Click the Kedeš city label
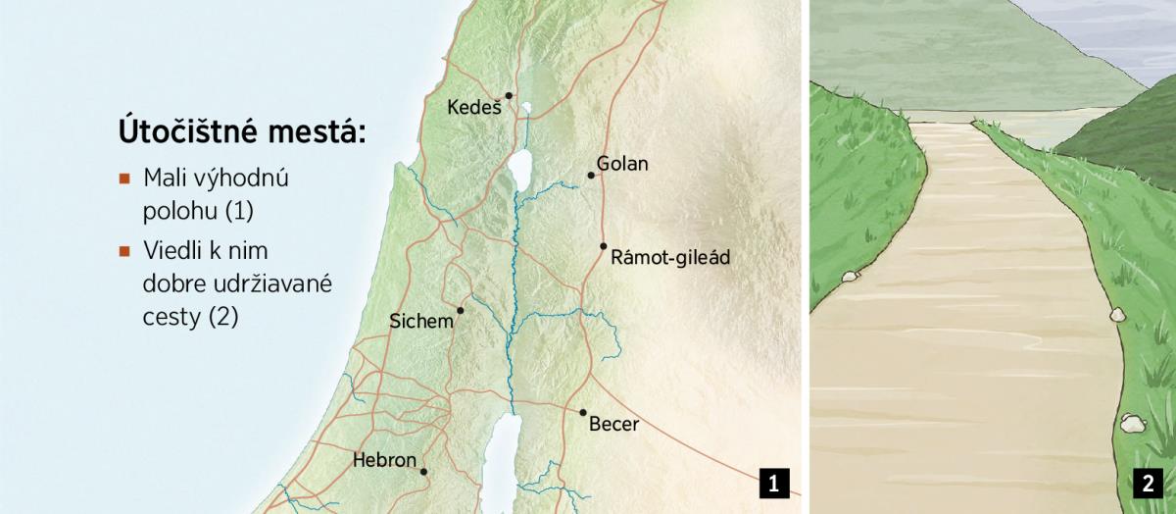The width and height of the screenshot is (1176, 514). tap(474, 107)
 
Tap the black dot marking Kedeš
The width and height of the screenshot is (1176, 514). tap(509, 95)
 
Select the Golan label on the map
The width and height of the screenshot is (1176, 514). tap(622, 164)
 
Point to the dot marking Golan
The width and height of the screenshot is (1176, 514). tap(591, 176)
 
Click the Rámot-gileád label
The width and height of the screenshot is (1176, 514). tap(670, 258)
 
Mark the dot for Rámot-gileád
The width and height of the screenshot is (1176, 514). tap(604, 246)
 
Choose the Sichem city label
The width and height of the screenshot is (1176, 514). tap(421, 321)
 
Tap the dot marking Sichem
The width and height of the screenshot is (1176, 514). tap(460, 310)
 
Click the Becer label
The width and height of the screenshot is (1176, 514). tap(613, 425)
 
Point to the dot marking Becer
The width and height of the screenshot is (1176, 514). tap(583, 413)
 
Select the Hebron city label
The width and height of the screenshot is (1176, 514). tap(384, 459)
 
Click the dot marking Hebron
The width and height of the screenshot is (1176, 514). tap(423, 472)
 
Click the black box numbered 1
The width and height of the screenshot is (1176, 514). tap(773, 483)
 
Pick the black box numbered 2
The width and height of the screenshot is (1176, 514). tap(1147, 483)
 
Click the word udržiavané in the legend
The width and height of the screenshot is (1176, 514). tap(265, 284)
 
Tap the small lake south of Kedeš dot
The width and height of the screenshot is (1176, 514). tap(526, 109)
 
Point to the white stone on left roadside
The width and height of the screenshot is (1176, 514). tap(849, 276)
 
